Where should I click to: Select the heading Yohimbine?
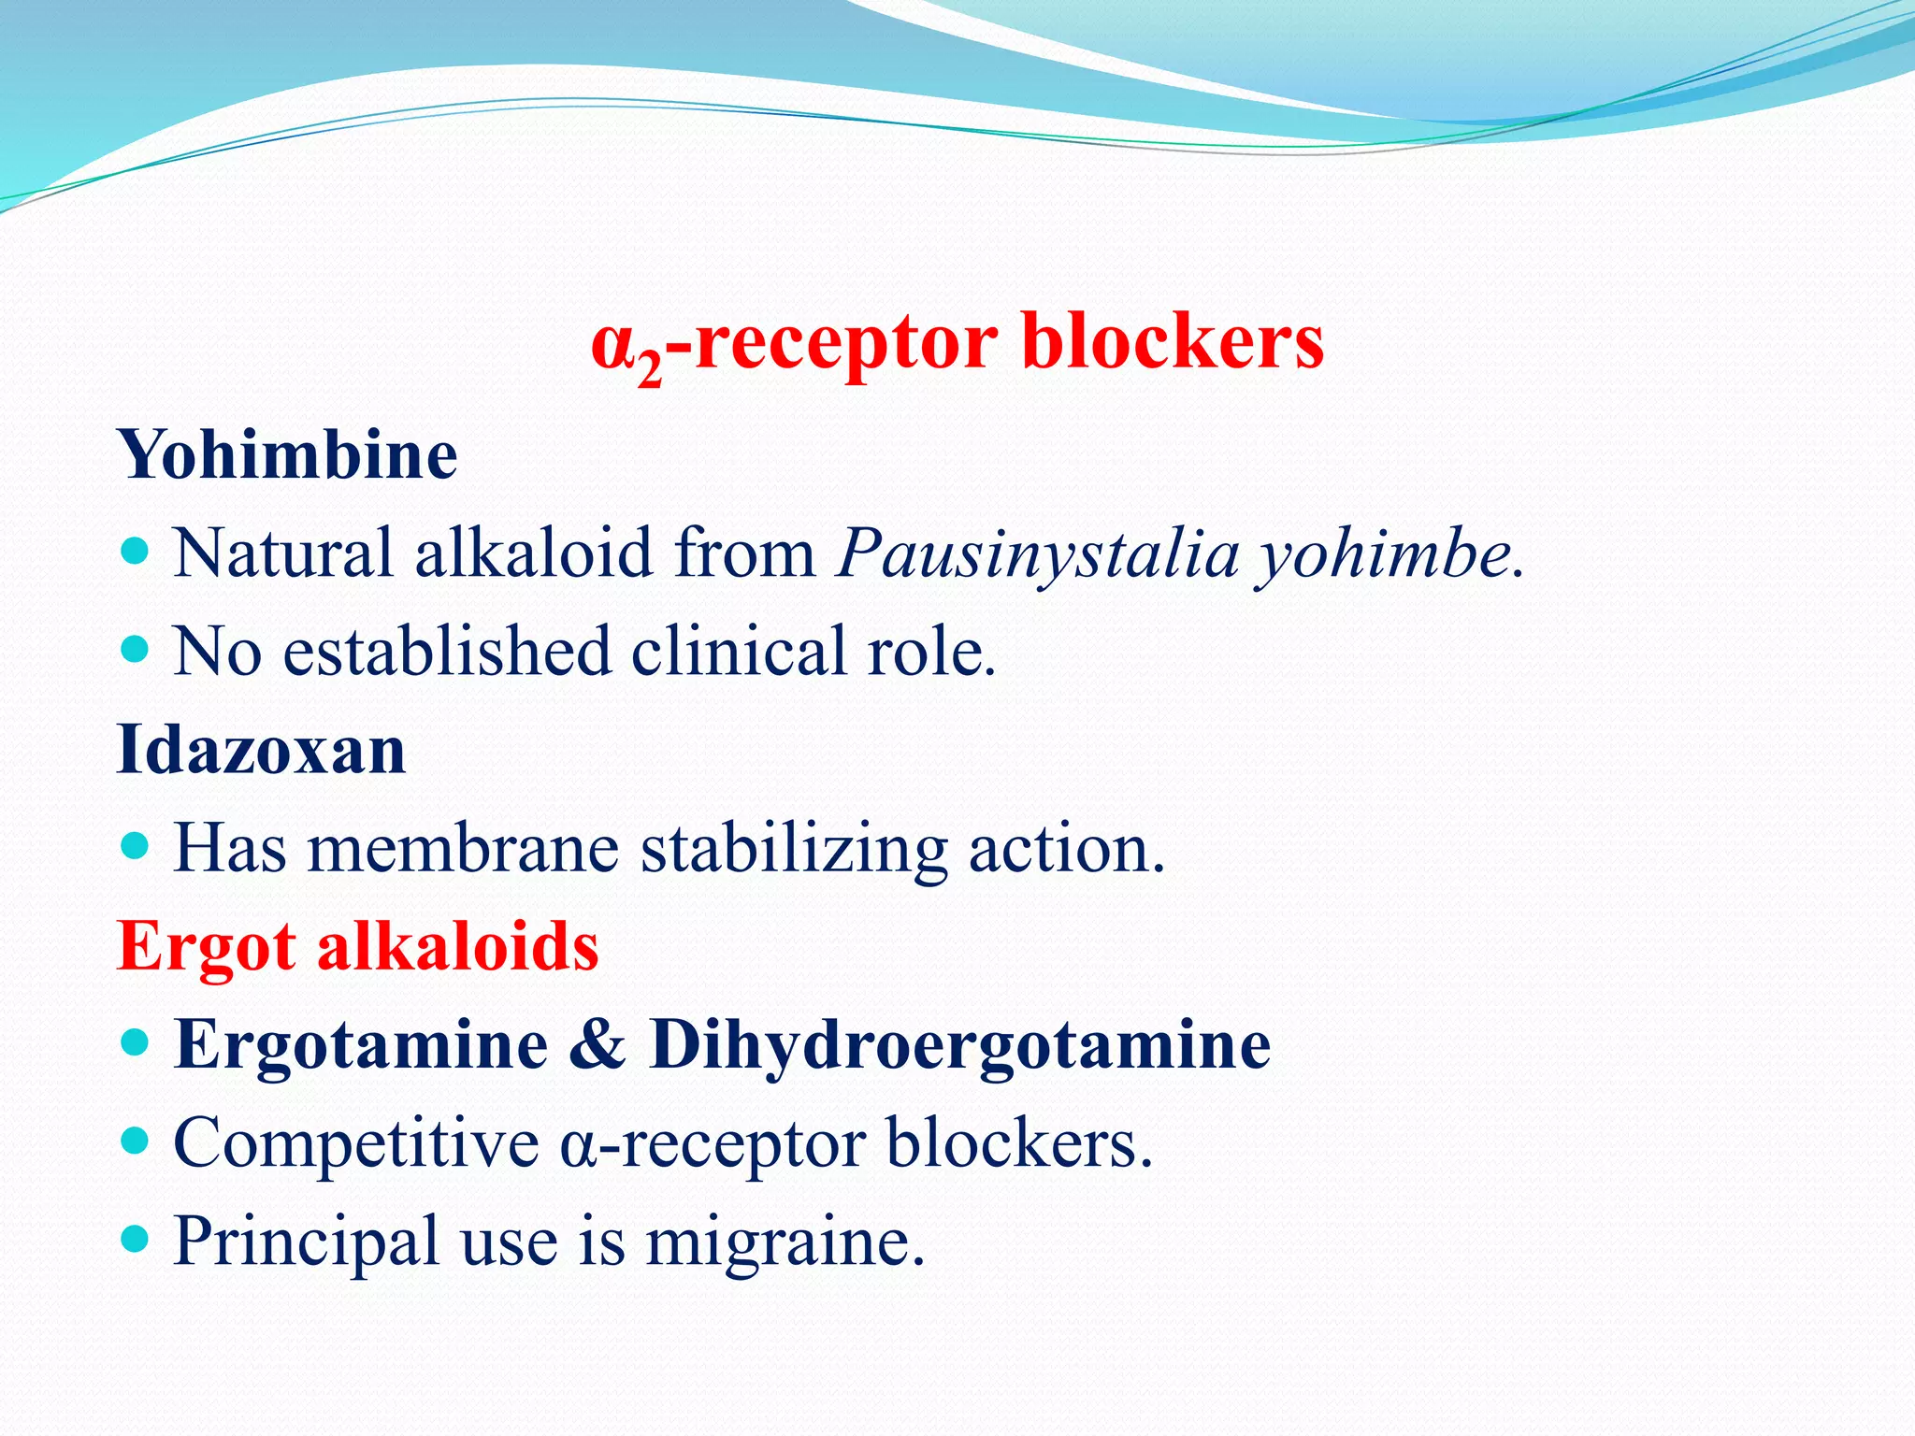point(287,455)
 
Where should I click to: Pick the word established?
point(446,652)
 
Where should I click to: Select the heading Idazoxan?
point(261,750)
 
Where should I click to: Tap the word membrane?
point(463,849)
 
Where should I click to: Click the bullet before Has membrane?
point(137,846)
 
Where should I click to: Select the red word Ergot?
point(207,947)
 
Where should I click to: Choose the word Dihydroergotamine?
point(959,1044)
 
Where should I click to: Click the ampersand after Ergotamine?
point(598,1044)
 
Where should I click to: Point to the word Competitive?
point(356,1143)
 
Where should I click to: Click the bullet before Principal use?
point(137,1240)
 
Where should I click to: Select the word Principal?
point(306,1242)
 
